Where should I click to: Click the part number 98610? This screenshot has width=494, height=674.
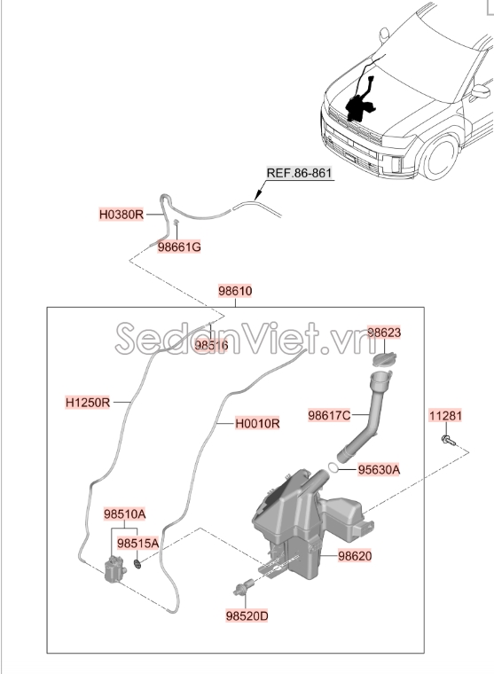(x=235, y=291)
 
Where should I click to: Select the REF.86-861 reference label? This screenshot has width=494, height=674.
(x=299, y=173)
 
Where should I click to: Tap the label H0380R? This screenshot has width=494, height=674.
(x=122, y=214)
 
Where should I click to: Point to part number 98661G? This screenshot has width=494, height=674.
(x=179, y=247)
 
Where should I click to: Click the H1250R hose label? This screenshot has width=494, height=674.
(x=88, y=403)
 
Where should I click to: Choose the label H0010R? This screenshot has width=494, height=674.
(x=257, y=423)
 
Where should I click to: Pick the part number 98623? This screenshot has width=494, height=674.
(x=384, y=333)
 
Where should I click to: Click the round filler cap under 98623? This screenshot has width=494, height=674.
(x=384, y=359)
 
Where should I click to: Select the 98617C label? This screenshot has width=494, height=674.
(x=329, y=415)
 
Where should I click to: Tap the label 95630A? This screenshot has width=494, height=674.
(x=380, y=469)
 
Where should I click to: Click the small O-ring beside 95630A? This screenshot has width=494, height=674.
(x=333, y=466)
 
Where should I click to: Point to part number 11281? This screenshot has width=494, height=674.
(x=445, y=416)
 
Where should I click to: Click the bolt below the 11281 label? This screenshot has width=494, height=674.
(x=448, y=440)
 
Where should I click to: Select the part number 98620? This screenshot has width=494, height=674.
(x=355, y=556)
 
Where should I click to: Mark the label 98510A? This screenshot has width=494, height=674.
(x=125, y=513)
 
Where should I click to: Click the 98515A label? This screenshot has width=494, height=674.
(x=138, y=544)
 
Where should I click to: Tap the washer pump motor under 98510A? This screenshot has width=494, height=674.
(x=114, y=568)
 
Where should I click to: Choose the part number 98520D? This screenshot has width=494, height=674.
(x=247, y=616)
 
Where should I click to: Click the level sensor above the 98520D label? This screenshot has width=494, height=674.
(x=243, y=587)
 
